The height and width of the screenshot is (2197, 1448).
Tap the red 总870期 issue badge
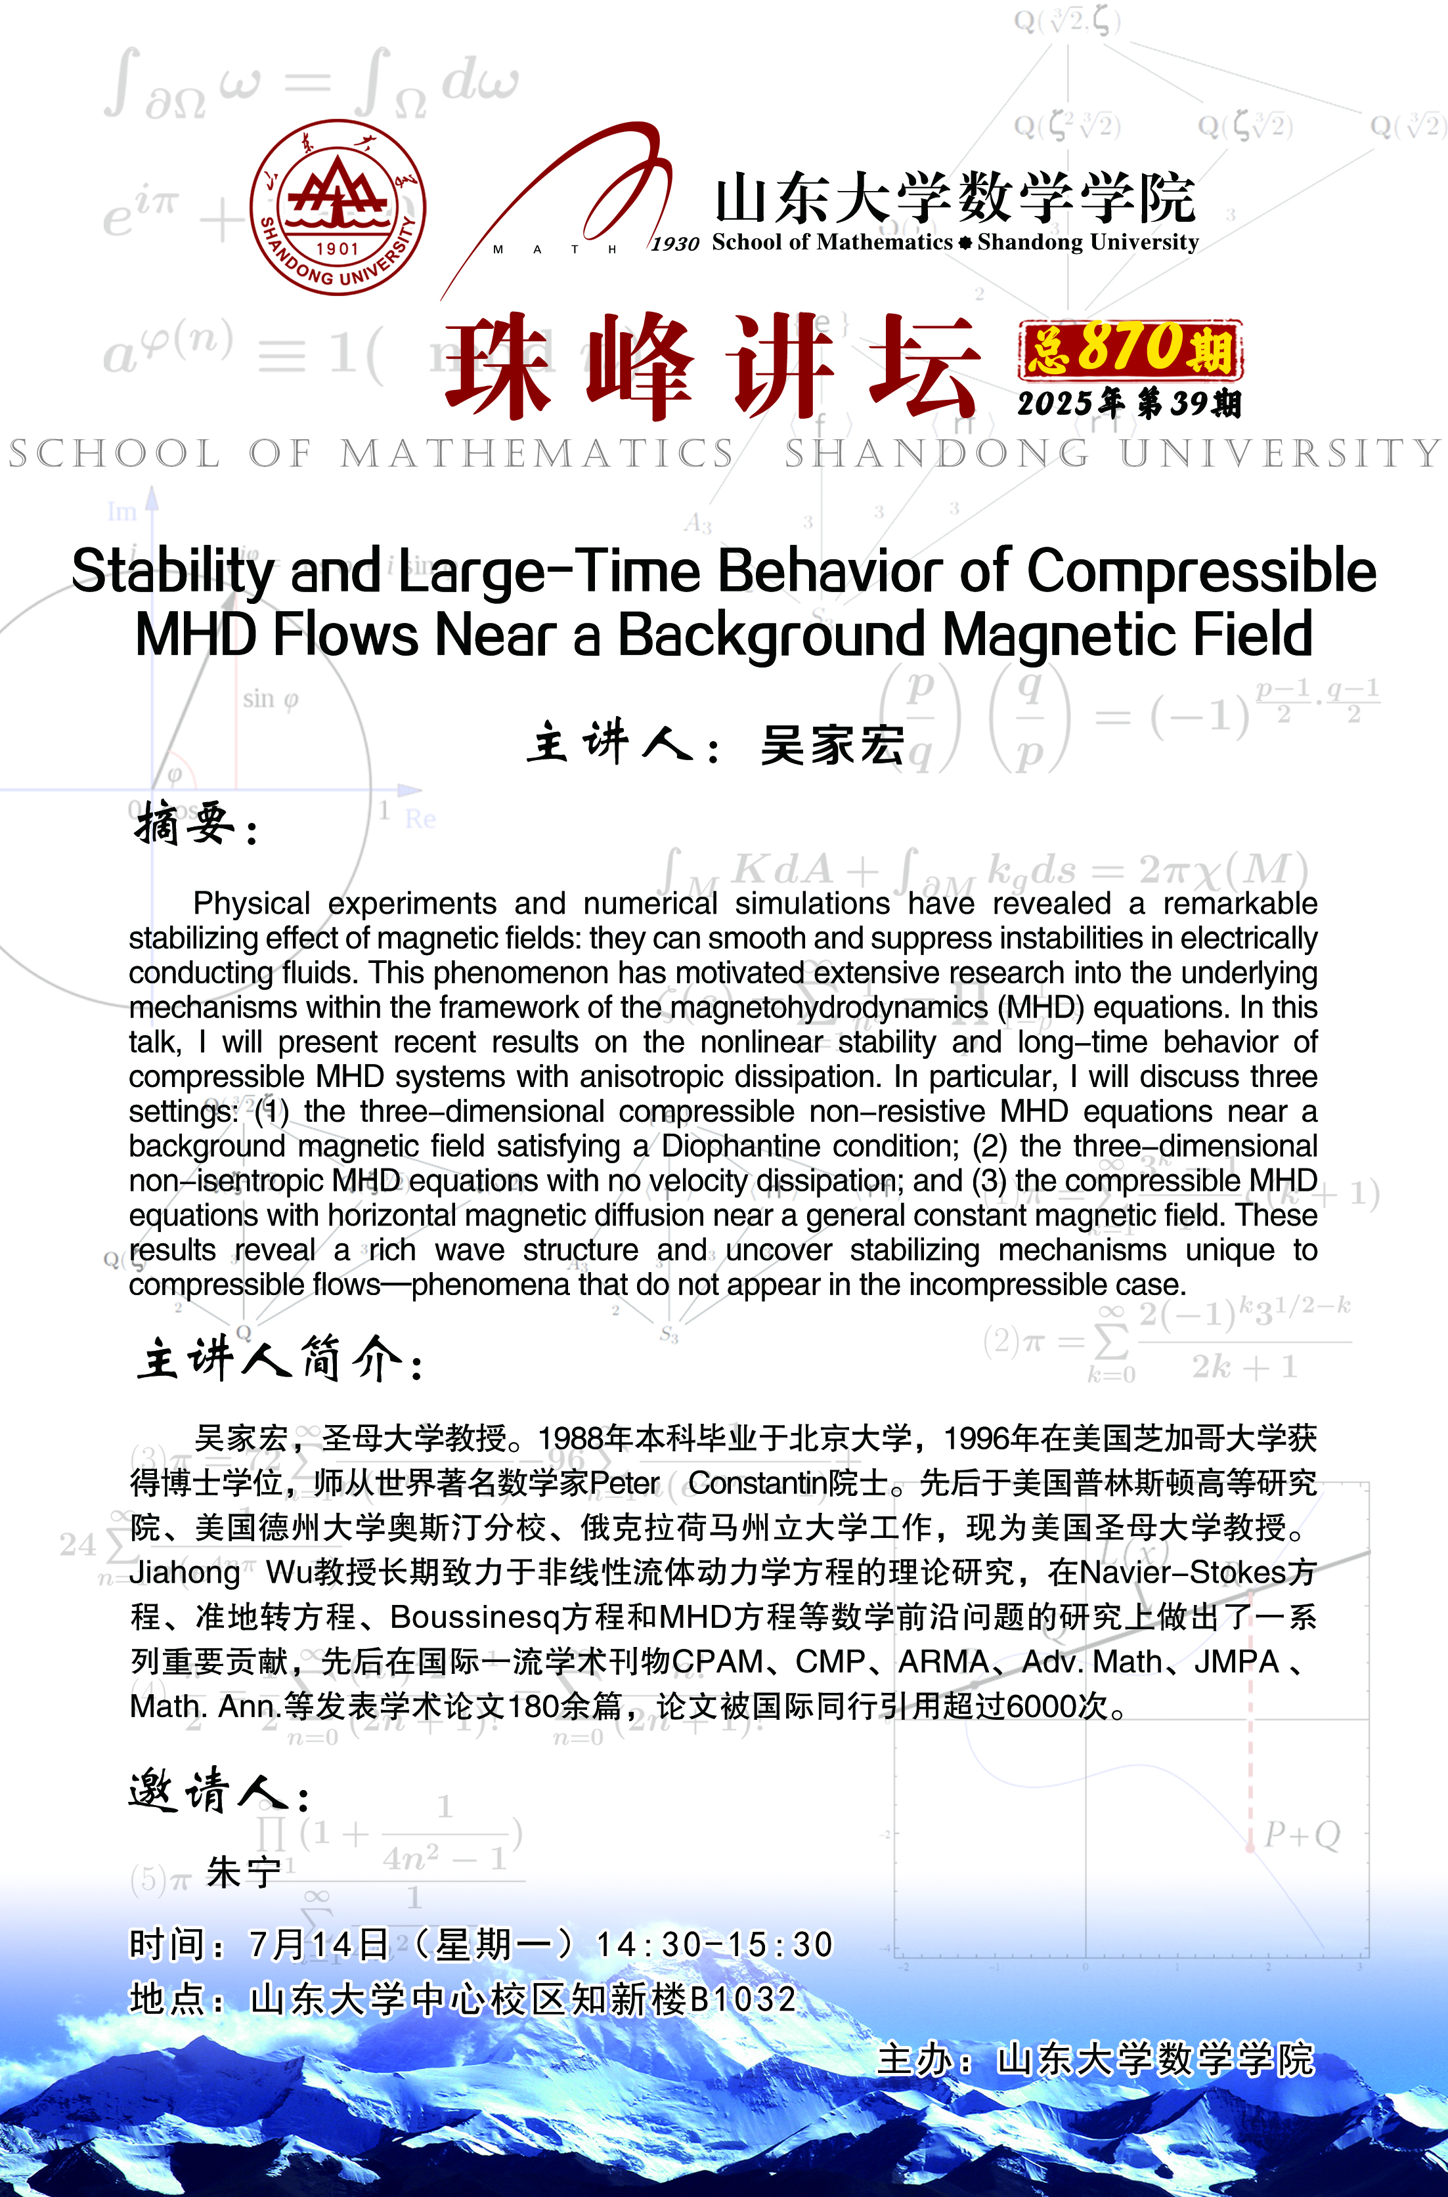1130,349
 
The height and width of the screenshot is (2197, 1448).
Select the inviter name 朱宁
243,1873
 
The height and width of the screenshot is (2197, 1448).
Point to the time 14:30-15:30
714,1945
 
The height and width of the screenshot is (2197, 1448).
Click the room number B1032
743,1999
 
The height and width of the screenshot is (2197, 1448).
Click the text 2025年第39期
1128,404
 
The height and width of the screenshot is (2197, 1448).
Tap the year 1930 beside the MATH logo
675,244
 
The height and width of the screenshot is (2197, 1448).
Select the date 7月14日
318,1945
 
